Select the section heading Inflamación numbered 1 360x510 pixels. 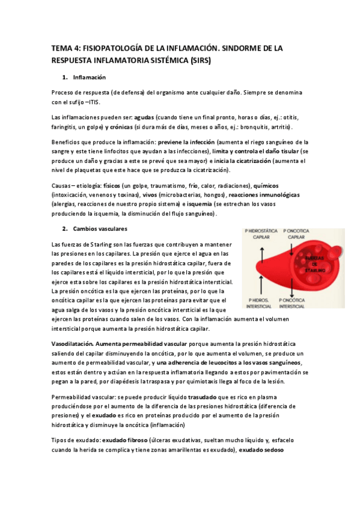[x=89, y=78]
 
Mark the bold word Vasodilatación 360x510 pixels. [x=72, y=343]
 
